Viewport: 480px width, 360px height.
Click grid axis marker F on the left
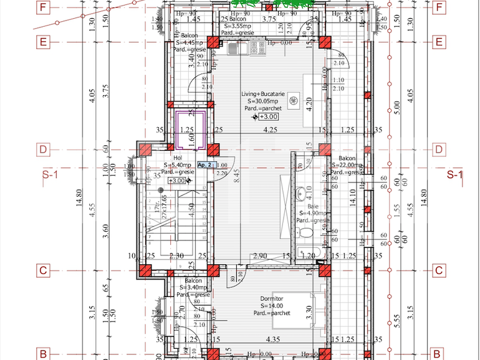(x=42, y=7)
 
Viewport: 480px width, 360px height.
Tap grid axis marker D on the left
(x=42, y=149)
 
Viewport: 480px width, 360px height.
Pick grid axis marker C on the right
(x=439, y=270)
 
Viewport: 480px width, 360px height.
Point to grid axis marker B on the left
(x=42, y=354)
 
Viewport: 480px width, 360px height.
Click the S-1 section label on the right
(x=455, y=174)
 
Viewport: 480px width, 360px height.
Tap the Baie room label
(x=313, y=206)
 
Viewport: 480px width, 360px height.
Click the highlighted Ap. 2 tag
(x=206, y=165)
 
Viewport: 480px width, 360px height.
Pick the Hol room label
(x=178, y=158)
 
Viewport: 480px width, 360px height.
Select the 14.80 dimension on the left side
(x=79, y=196)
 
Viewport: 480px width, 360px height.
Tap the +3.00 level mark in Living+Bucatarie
(x=268, y=116)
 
